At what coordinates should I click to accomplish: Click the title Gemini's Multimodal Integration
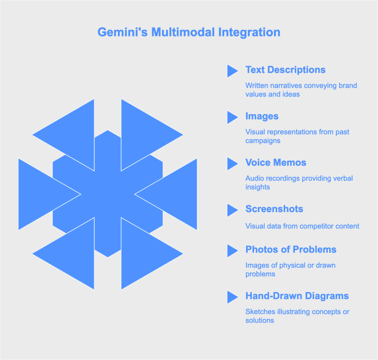189,33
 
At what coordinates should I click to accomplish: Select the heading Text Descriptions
285,70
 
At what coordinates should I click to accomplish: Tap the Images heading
262,116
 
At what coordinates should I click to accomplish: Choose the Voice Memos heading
276,163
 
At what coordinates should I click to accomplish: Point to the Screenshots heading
274,209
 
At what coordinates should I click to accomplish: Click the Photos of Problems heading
291,249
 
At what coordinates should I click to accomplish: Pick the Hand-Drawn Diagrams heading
297,296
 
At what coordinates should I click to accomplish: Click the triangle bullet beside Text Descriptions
233,71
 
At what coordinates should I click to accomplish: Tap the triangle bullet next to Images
233,117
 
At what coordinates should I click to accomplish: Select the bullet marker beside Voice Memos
233,164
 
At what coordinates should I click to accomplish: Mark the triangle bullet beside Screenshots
233,210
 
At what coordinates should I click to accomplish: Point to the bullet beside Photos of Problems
233,251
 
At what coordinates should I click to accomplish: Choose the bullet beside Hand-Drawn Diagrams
233,297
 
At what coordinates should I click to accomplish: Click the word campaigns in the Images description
263,141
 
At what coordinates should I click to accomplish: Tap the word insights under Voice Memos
257,187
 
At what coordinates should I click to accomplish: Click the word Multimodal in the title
183,33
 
